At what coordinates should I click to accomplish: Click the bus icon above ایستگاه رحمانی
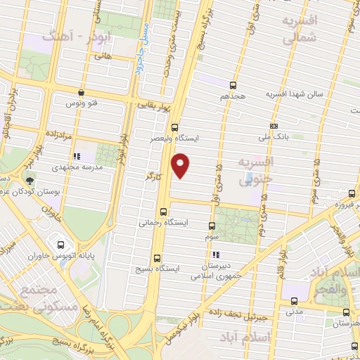[164, 212]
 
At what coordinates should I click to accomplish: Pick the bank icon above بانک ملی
[274, 126]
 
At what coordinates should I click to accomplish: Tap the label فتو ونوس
[80, 103]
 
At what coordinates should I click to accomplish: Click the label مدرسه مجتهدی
[77, 167]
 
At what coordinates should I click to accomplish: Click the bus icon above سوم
[212, 226]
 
